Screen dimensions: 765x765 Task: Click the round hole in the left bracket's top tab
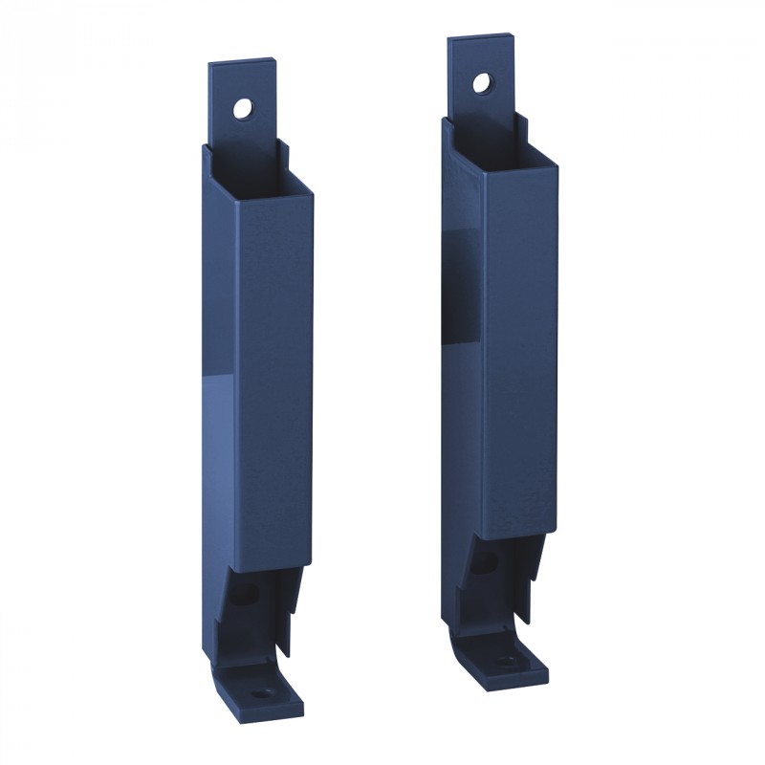[243, 108]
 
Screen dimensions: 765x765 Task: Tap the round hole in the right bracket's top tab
[481, 82]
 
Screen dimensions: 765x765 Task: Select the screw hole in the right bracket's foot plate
[504, 660]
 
